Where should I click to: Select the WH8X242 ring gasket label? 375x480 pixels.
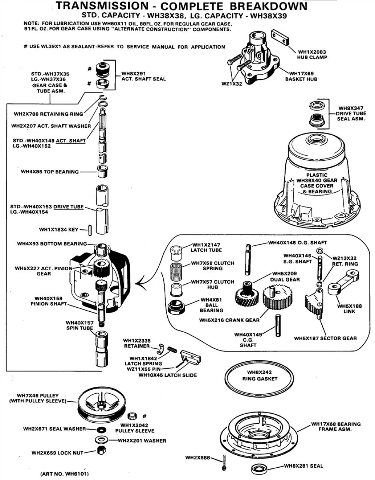(x=259, y=375)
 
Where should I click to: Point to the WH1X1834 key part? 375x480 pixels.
(x=90, y=230)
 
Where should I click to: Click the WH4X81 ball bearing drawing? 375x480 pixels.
(x=177, y=307)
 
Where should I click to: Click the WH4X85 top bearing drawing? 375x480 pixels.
(x=102, y=171)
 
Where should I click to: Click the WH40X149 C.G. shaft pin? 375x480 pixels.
(x=278, y=326)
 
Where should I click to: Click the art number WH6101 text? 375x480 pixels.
(x=65, y=474)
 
